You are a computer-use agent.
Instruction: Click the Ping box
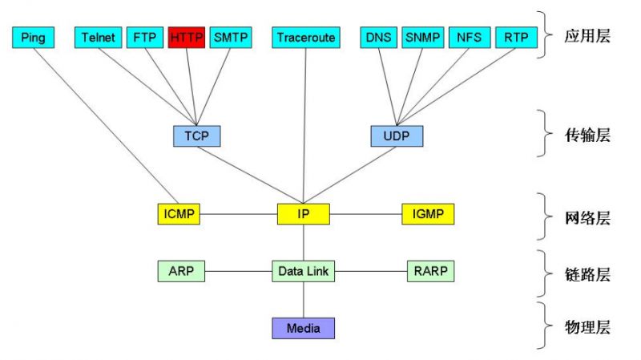[34, 37]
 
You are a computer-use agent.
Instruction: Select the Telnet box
[99, 37]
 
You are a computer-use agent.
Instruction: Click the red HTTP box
[187, 37]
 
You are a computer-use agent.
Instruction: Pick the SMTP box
[231, 37]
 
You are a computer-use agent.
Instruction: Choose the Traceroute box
[306, 37]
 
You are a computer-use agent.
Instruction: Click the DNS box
[378, 37]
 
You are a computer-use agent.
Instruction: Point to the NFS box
[469, 37]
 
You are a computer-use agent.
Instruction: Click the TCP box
[196, 136]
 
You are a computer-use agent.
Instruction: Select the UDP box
[396, 136]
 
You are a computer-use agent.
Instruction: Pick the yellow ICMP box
[178, 214]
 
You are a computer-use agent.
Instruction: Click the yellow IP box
[304, 214]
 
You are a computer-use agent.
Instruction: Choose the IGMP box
[428, 214]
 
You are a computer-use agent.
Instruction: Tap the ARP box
[181, 271]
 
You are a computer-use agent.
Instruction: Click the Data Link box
[303, 271]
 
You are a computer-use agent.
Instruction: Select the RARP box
[430, 271]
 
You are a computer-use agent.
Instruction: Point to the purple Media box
[303, 328]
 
